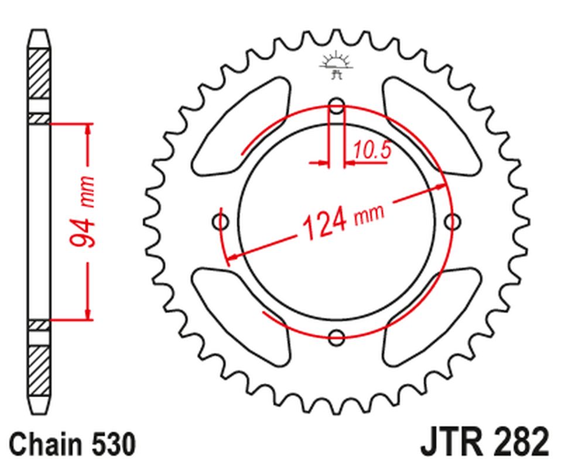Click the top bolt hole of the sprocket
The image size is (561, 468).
tap(337, 106)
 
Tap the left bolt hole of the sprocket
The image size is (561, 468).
tap(221, 222)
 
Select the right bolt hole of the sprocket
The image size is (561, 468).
tap(452, 222)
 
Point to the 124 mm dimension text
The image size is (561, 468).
tap(343, 219)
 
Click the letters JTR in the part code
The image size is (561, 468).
tap(447, 443)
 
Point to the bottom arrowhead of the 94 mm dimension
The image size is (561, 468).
tap(88, 315)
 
